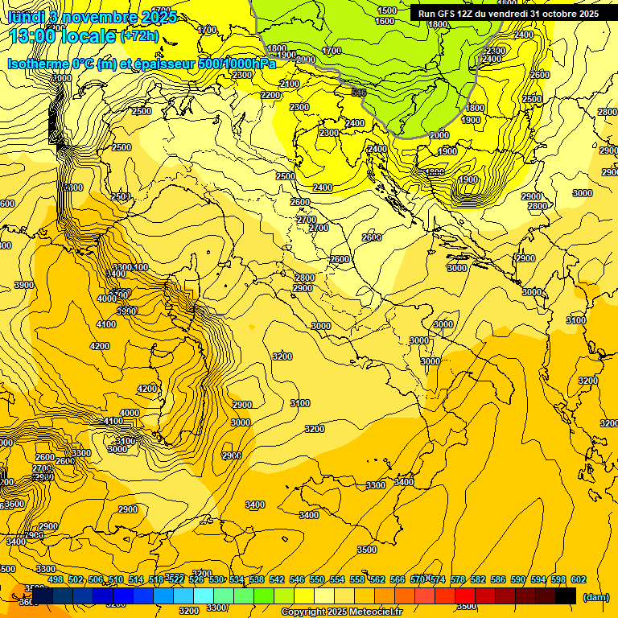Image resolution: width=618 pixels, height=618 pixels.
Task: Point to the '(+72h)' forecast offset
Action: click(x=139, y=36)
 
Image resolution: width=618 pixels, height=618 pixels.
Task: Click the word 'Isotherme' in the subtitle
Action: click(x=39, y=64)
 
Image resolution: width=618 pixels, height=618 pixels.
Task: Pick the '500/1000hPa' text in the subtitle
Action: click(x=238, y=64)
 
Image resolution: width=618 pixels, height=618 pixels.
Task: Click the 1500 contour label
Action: click(x=387, y=10)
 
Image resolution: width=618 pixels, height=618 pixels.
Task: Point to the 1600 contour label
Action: click(x=385, y=22)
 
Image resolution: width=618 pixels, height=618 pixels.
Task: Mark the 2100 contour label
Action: click(x=290, y=84)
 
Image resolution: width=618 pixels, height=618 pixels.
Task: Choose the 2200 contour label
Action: click(x=271, y=95)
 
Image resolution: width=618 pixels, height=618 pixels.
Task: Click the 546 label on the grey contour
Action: click(x=359, y=93)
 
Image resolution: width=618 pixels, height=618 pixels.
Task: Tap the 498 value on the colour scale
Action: click(x=56, y=579)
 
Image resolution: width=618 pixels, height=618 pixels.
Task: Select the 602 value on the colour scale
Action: click(x=578, y=579)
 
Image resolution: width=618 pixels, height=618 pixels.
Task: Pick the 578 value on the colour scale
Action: click(x=458, y=579)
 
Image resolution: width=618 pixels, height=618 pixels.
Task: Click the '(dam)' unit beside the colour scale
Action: click(x=596, y=596)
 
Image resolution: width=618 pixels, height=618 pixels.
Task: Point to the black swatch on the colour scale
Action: click(x=566, y=595)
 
